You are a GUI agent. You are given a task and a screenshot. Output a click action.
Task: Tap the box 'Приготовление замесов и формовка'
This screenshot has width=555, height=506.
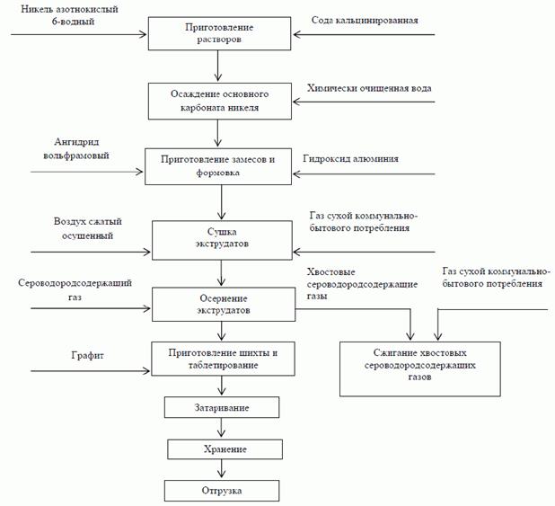coord(219,165)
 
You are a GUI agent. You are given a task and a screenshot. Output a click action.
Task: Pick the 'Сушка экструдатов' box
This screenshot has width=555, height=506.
coord(219,237)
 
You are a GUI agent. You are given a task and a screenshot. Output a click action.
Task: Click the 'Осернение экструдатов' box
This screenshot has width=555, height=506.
coord(219,304)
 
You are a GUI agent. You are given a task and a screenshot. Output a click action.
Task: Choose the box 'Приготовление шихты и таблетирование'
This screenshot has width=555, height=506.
coord(219,360)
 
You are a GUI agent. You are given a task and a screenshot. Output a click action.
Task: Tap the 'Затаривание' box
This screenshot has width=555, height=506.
coord(219,409)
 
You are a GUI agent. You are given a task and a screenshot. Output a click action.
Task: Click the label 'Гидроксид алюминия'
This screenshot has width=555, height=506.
coord(350,158)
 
